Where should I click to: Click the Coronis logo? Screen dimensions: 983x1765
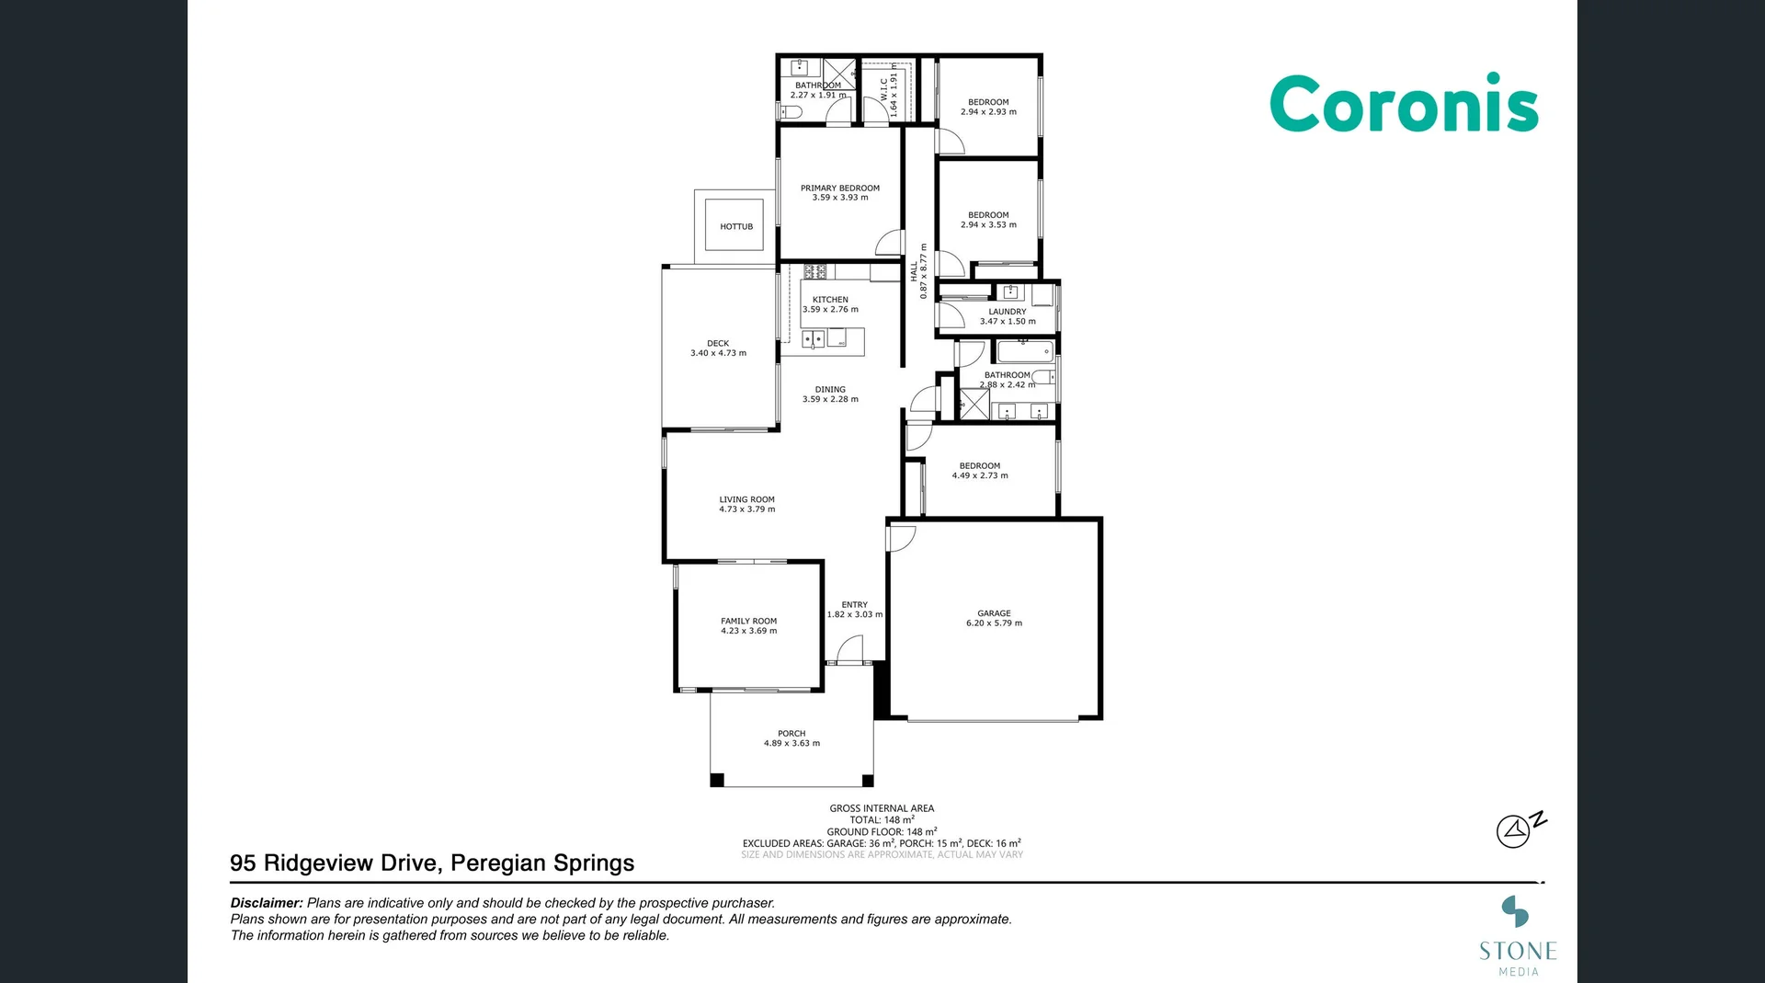pos(1403,104)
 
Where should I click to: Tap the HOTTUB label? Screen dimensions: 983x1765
pos(735,226)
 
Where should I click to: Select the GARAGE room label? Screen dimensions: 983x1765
pos(994,613)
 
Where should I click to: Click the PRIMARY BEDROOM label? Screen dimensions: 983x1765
pos(839,188)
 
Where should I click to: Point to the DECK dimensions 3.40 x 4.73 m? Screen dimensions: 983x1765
pos(718,353)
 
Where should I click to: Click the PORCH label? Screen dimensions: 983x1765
pos(791,734)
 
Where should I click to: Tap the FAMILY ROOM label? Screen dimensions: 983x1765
pos(748,621)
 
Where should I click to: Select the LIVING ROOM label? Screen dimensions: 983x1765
pos(746,499)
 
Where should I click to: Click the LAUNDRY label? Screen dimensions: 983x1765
pos(1008,312)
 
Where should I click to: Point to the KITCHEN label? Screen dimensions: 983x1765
pos(830,300)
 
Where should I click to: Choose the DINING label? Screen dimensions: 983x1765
pos(830,389)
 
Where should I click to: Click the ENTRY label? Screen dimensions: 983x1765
pos(854,604)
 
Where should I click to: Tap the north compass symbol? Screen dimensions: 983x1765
pos(1517,829)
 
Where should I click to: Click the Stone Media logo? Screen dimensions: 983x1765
pos(1517,936)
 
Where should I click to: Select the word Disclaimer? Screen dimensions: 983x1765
pos(266,903)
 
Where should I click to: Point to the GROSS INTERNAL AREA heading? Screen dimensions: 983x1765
pos(882,808)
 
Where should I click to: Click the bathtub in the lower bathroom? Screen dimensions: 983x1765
pos(1025,351)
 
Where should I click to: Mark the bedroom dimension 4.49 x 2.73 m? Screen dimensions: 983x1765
pos(980,475)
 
